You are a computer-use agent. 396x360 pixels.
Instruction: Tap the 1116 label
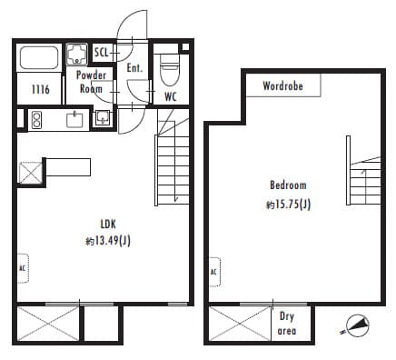pos(40,89)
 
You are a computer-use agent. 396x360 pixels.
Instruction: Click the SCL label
pos(102,52)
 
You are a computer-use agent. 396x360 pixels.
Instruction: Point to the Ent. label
pos(134,68)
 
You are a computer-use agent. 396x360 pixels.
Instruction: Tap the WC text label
pos(170,95)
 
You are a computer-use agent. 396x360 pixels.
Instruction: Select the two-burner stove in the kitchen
pos(37,118)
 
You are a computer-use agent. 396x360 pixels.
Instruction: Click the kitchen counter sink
pos(74,119)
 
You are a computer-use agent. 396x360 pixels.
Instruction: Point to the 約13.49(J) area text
pos(108,241)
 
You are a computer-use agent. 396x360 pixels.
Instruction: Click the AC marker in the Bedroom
pos(213,271)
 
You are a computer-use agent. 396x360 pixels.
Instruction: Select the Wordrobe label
pos(282,86)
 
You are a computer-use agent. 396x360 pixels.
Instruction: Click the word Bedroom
pos(288,185)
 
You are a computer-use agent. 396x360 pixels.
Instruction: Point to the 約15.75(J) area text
pos(288,205)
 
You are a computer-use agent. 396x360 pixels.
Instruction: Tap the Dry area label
pos(287,323)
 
